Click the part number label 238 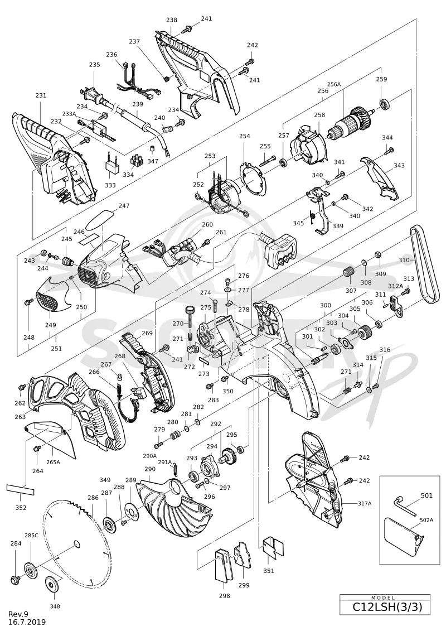(171, 20)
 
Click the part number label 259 (381, 79)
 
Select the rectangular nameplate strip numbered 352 (20, 489)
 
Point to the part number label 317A (365, 503)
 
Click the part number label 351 (269, 571)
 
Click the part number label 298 (225, 596)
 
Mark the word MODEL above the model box (383, 598)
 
